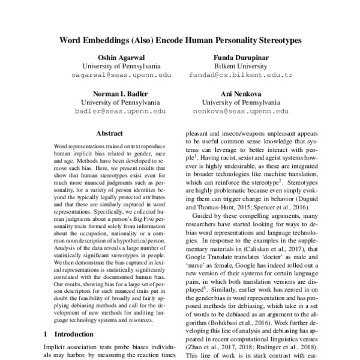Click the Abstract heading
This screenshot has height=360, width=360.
(112, 133)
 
